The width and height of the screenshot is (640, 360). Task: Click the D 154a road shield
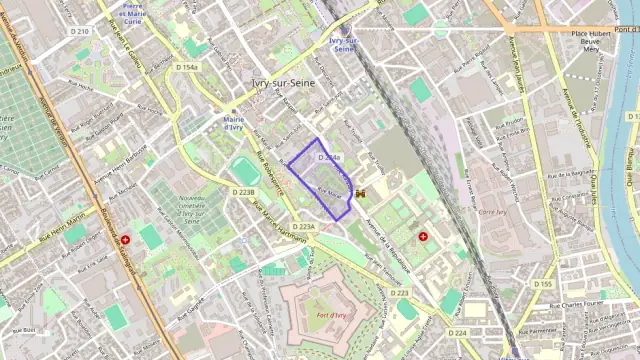[186, 67]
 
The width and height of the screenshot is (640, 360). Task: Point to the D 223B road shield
[244, 191]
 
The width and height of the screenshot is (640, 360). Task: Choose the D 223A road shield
[303, 227]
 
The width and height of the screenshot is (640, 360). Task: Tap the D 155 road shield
[543, 284]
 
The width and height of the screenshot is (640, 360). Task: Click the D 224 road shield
[458, 332]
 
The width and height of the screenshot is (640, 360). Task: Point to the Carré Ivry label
[493, 212]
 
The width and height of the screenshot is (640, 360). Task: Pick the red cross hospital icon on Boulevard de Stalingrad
[125, 240]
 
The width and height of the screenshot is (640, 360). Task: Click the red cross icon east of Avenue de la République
[423, 237]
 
